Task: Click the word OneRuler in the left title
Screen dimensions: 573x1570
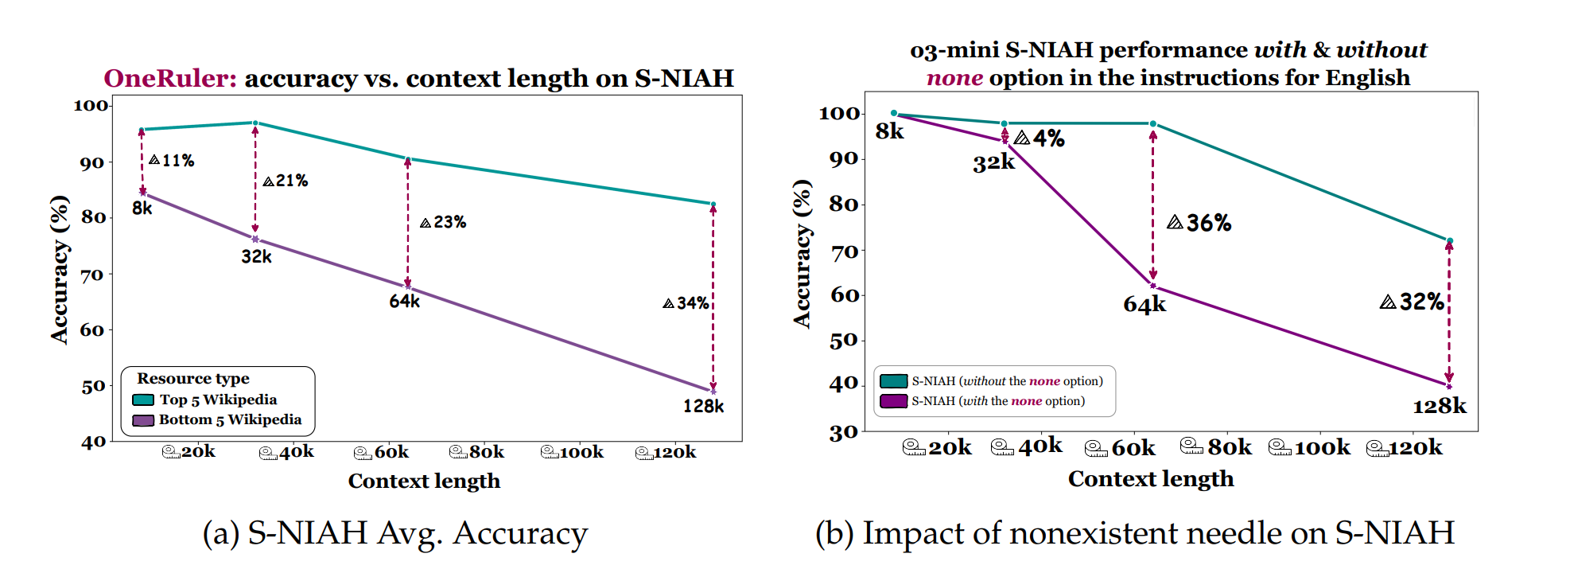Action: point(169,78)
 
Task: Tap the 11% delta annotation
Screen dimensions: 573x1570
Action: point(172,161)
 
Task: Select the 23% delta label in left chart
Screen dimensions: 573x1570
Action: point(443,223)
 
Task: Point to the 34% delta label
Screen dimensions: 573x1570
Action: point(686,303)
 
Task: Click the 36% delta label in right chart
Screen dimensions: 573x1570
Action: point(1199,223)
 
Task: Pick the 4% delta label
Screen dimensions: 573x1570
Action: point(1040,138)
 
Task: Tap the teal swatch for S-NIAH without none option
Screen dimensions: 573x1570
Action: point(894,381)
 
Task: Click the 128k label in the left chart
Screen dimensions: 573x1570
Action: point(703,407)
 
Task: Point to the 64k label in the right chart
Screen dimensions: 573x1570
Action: point(1144,305)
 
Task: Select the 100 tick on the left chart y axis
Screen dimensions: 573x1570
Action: point(91,105)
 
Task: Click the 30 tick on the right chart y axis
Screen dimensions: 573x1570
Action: point(844,434)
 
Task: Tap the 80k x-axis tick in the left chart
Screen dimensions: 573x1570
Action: point(477,452)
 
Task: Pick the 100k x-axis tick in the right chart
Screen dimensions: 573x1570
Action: point(1310,448)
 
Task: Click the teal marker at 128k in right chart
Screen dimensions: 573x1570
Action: point(1450,240)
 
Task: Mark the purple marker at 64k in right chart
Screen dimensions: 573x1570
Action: point(1153,286)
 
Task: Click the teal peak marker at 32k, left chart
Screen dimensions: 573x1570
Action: point(255,123)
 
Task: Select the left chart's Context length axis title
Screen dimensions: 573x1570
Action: point(424,481)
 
